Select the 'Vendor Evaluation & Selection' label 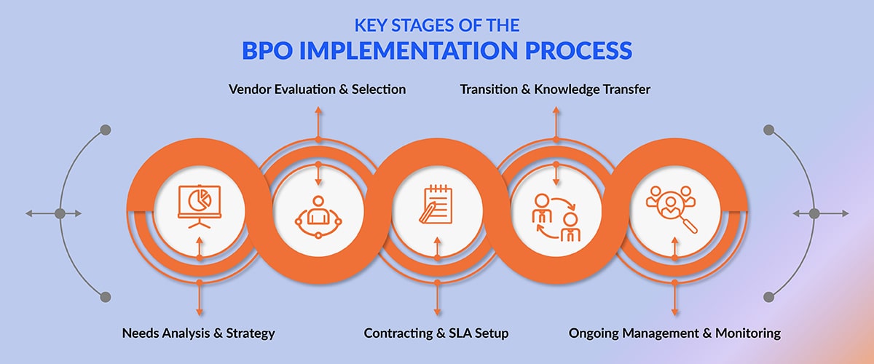[x=318, y=90]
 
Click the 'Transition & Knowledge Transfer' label [x=555, y=90]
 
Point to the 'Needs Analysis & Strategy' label [x=199, y=333]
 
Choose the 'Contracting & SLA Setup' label [x=436, y=333]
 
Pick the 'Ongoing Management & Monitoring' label [x=674, y=333]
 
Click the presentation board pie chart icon [x=200, y=206]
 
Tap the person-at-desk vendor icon [x=318, y=217]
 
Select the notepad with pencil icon [x=436, y=204]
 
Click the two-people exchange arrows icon [x=556, y=217]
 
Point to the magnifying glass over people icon [x=671, y=209]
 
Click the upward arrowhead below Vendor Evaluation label [x=318, y=110]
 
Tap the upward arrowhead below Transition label [x=556, y=110]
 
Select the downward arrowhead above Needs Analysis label [x=200, y=312]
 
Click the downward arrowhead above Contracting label [x=437, y=312]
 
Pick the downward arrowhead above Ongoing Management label [x=674, y=312]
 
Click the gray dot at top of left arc [x=106, y=130]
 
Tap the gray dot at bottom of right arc [x=768, y=297]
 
